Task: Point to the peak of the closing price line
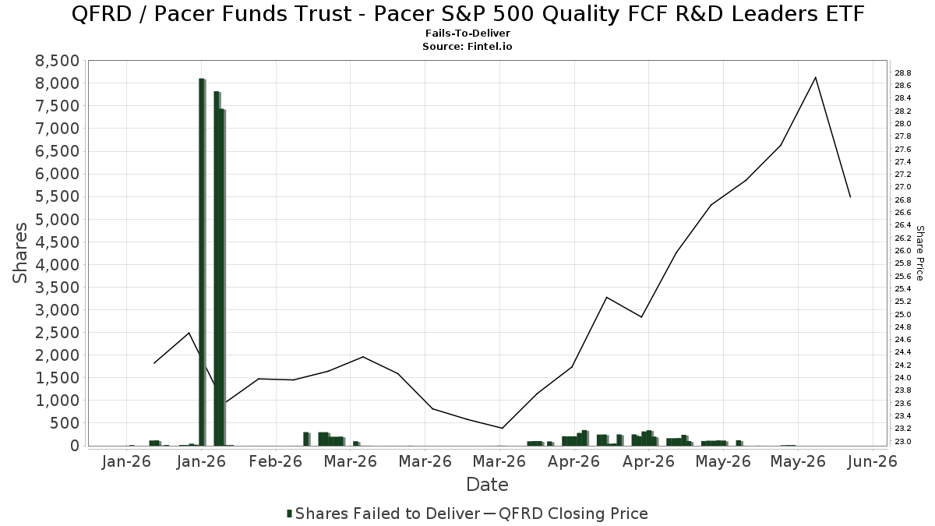[x=815, y=78]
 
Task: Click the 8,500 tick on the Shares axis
[x=57, y=61]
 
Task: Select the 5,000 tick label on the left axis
[x=57, y=219]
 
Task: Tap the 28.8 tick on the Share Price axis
[x=902, y=73]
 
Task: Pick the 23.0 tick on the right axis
[x=902, y=442]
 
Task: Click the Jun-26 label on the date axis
[x=873, y=461]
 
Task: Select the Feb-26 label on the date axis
[x=276, y=461]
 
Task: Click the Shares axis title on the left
[x=20, y=253]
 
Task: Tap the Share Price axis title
[x=919, y=253]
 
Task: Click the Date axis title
[x=487, y=485]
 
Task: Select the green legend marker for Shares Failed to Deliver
[x=289, y=514]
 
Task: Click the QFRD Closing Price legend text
[x=573, y=514]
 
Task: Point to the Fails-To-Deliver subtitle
[x=467, y=33]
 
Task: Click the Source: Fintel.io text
[x=467, y=46]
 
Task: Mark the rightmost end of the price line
[x=850, y=196]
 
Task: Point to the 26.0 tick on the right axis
[x=902, y=250]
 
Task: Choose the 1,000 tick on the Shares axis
[x=57, y=401]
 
